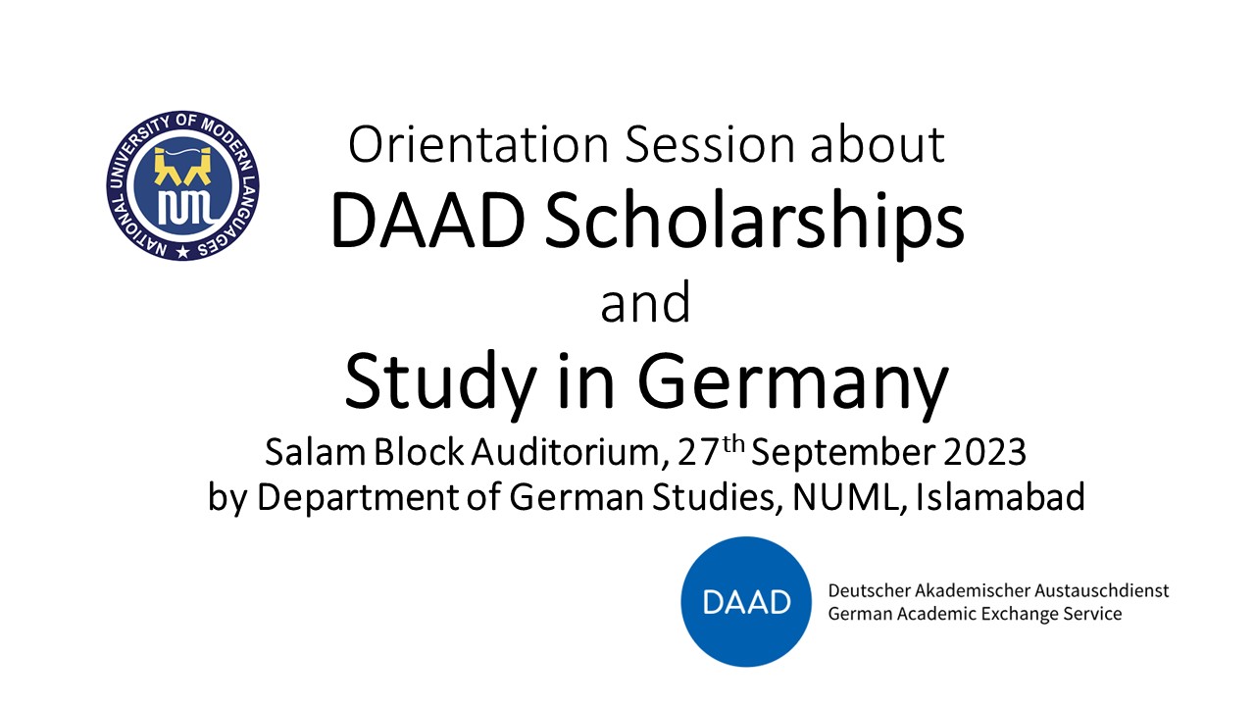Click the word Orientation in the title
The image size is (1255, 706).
(x=477, y=144)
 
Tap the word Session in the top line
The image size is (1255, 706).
(x=709, y=144)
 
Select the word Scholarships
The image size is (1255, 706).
(x=754, y=222)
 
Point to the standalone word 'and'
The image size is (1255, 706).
(x=645, y=303)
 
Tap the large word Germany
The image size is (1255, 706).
(x=792, y=383)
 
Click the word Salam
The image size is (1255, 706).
(x=315, y=452)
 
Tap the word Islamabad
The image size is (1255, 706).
(x=1000, y=496)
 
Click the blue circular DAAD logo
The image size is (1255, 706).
(x=746, y=602)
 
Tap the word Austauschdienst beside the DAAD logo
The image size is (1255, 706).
(x=1101, y=590)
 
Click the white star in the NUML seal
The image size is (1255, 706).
(x=182, y=252)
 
